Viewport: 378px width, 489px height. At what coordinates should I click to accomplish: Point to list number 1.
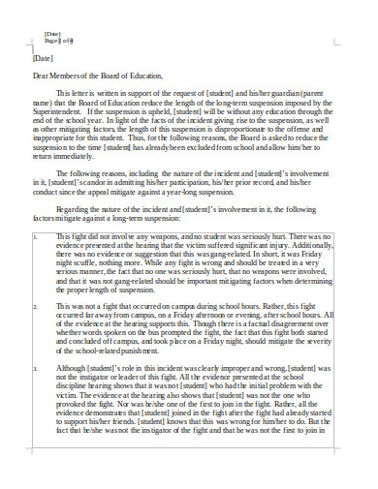pos(36,235)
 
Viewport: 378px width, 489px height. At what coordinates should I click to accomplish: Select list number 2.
pos(36,305)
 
